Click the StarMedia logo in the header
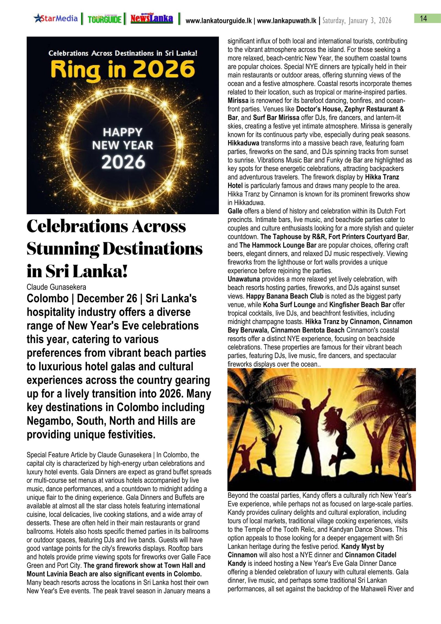pyautogui.click(x=56, y=18)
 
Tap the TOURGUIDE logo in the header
pyautogui.click(x=104, y=19)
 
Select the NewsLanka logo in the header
pyautogui.click(x=152, y=19)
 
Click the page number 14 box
pyautogui.click(x=423, y=18)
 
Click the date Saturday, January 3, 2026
pyautogui.click(x=357, y=21)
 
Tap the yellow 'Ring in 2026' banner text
pyautogui.click(x=123, y=70)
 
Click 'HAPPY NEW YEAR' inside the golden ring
pyautogui.click(x=122, y=139)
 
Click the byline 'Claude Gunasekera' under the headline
pyautogui.click(x=56, y=287)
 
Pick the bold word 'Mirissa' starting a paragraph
pyautogui.click(x=238, y=101)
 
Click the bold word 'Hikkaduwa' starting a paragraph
pyautogui.click(x=243, y=143)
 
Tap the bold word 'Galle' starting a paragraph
pyautogui.click(x=235, y=211)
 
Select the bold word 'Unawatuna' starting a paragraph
pyautogui.click(x=244, y=279)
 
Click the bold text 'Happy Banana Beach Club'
pyautogui.click(x=284, y=296)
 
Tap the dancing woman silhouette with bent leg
pyautogui.click(x=338, y=436)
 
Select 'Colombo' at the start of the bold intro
pyautogui.click(x=47, y=299)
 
